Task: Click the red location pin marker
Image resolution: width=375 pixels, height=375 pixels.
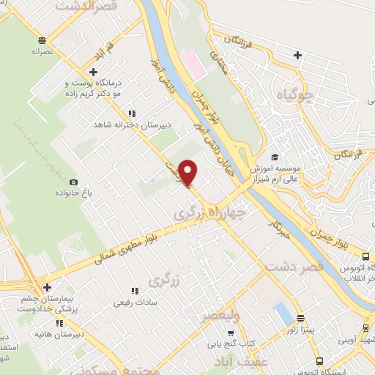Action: click(x=188, y=173)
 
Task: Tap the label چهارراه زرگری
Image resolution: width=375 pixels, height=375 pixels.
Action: click(x=210, y=212)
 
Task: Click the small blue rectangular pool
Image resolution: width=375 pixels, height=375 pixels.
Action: click(x=281, y=315)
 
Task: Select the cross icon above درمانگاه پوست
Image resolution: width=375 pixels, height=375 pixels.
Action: click(x=93, y=72)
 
